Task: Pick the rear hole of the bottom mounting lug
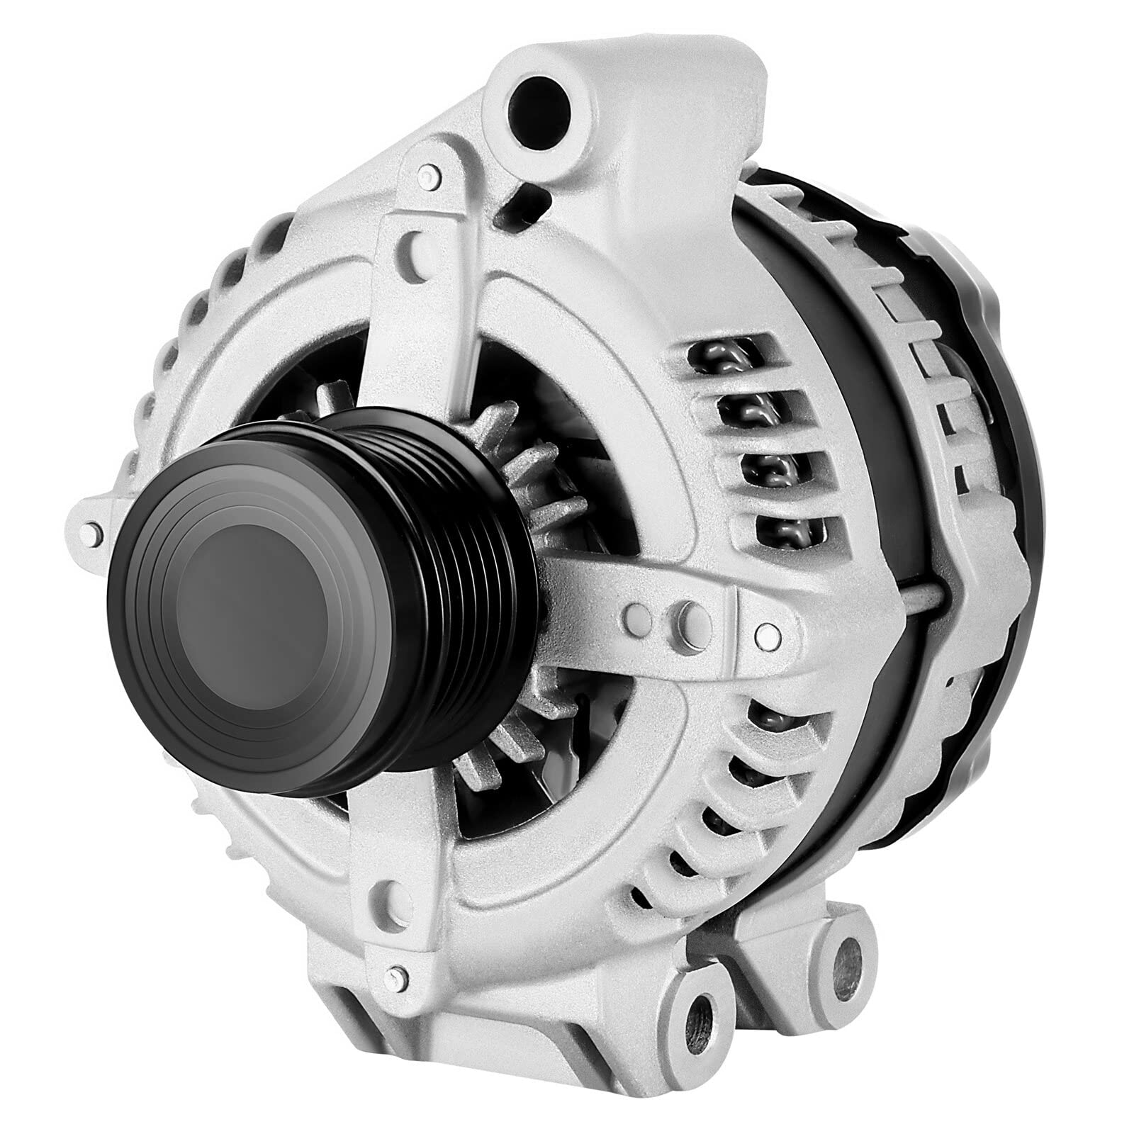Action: (x=843, y=955)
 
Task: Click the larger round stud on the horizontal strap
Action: (x=691, y=613)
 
